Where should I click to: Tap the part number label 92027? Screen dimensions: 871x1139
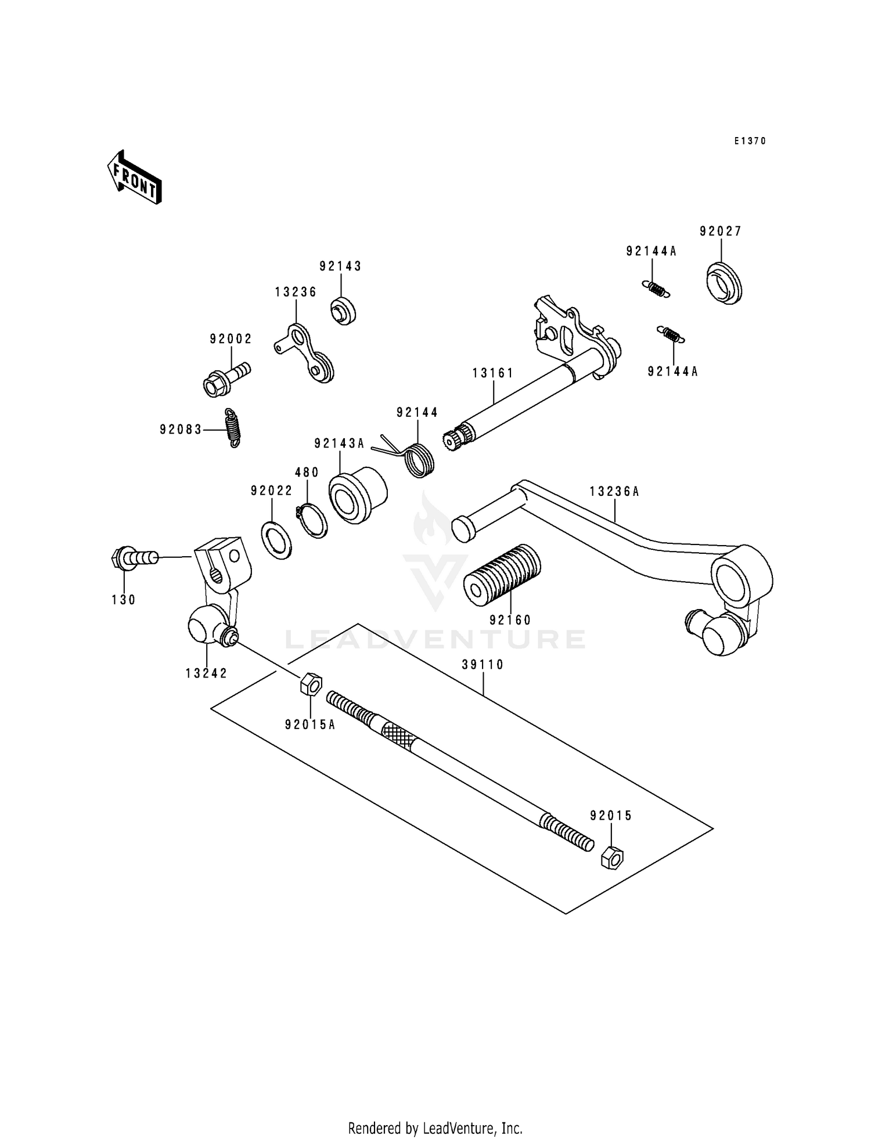(x=721, y=231)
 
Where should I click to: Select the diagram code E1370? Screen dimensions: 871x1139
(x=750, y=141)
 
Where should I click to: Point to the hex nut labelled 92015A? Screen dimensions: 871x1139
(x=311, y=684)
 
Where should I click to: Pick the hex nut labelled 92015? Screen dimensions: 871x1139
(x=612, y=857)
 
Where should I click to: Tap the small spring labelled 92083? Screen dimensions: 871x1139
(x=232, y=428)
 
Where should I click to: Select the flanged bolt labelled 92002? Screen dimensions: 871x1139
(x=226, y=379)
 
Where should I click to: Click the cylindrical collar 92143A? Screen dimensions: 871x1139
(x=357, y=494)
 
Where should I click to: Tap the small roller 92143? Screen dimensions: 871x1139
(x=343, y=310)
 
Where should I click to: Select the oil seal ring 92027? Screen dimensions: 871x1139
(x=726, y=283)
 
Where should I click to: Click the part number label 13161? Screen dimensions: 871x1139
(x=493, y=373)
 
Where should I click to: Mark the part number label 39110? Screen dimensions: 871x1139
(x=483, y=664)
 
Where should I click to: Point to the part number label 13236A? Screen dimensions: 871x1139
(x=614, y=492)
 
